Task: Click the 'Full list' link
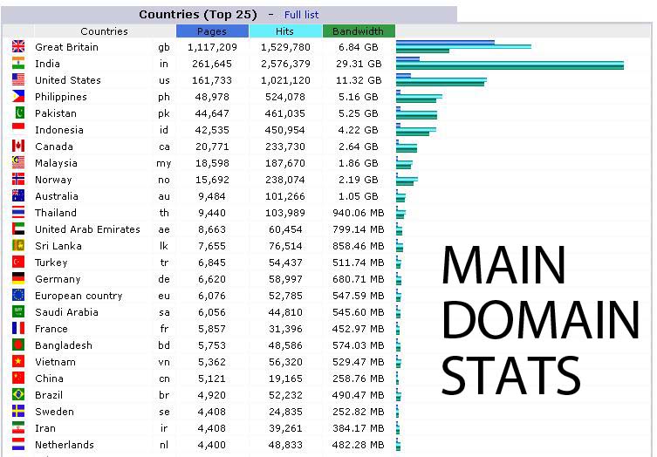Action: pyautogui.click(x=301, y=15)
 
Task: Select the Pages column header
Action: pyautogui.click(x=212, y=31)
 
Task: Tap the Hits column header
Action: pyautogui.click(x=285, y=31)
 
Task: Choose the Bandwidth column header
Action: pyautogui.click(x=359, y=31)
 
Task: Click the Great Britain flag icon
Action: pyautogui.click(x=18, y=46)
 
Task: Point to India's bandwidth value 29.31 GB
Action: pyautogui.click(x=359, y=64)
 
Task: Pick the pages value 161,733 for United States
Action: pyautogui.click(x=212, y=80)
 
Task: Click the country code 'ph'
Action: pyautogui.click(x=164, y=97)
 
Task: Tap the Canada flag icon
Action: pyautogui.click(x=18, y=146)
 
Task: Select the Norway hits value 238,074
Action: pyautogui.click(x=285, y=180)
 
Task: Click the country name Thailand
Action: pyautogui.click(x=56, y=213)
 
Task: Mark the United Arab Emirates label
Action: pyautogui.click(x=87, y=229)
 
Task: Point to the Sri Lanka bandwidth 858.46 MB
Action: pyautogui.click(x=359, y=246)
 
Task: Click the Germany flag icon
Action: pyautogui.click(x=18, y=278)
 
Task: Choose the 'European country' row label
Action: pyautogui.click(x=79, y=296)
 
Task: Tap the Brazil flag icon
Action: pyautogui.click(x=18, y=394)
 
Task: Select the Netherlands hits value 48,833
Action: pyautogui.click(x=285, y=445)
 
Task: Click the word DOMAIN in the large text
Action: pyautogui.click(x=540, y=319)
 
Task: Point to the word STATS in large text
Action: pyautogui.click(x=511, y=375)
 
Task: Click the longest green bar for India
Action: pyautogui.click(x=510, y=65)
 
